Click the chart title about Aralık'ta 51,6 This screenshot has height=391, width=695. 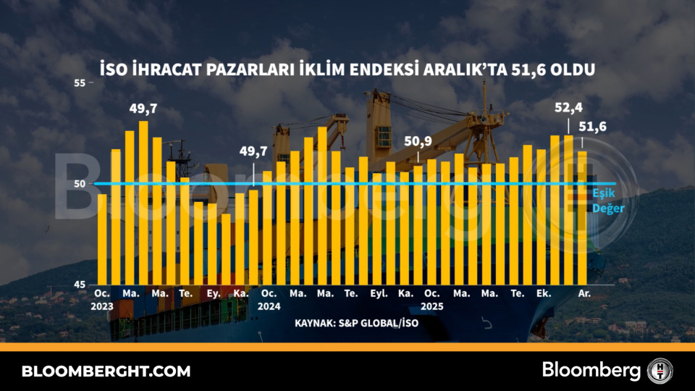tap(347, 70)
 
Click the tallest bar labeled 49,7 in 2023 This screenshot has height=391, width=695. tap(143, 203)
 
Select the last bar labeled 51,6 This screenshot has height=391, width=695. tap(582, 217)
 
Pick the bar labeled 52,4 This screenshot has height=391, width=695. tap(568, 210)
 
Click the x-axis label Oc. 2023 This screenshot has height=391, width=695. tap(102, 299)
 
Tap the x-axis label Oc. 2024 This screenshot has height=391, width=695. tap(268, 299)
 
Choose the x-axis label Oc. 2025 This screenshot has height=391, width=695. tap(432, 299)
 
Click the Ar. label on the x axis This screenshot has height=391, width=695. tap(584, 293)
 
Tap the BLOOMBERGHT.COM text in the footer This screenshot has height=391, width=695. tap(106, 371)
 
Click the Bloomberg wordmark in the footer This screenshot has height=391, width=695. tap(591, 371)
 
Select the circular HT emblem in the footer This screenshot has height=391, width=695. tap(660, 371)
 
